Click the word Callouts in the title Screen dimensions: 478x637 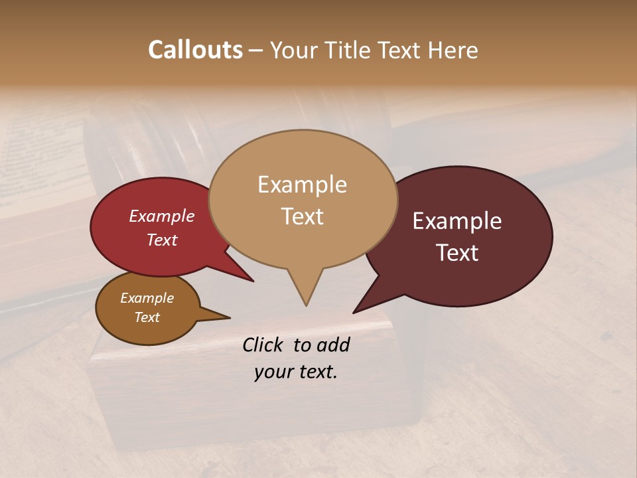[195, 50]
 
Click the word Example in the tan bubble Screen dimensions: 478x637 [302, 185]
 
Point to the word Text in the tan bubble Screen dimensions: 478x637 [302, 216]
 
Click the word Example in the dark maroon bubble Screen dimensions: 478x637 [457, 221]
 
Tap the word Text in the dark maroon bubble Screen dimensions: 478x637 [457, 253]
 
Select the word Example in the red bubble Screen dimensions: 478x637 [162, 216]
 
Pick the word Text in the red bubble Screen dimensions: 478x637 [162, 240]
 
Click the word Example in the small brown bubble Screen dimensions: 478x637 [147, 298]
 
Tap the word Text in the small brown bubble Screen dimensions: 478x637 [147, 317]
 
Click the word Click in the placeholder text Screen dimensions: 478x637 [264, 345]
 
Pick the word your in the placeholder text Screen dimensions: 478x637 [272, 372]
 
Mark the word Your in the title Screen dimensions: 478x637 [292, 50]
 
